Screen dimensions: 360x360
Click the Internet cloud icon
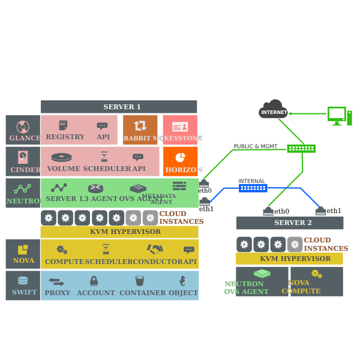274,109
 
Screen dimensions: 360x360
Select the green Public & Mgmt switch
301,148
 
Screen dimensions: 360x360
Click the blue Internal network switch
253,188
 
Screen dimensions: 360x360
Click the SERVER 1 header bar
119,107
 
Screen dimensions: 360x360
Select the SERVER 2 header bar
289,223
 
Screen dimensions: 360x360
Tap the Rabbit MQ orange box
140,130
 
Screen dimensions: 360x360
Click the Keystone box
180,130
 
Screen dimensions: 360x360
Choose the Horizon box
180,161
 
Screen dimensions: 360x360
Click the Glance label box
23,130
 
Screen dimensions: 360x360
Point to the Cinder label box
23,161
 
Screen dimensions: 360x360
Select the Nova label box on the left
23,253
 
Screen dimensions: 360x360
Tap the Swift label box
23,285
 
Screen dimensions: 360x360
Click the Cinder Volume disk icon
61,157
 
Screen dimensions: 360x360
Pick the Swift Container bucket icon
140,281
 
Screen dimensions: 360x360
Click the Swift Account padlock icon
94,281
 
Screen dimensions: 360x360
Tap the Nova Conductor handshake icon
155,249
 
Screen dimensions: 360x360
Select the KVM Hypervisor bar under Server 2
289,259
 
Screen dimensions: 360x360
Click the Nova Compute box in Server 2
316,281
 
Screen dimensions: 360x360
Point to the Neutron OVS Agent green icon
262,274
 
